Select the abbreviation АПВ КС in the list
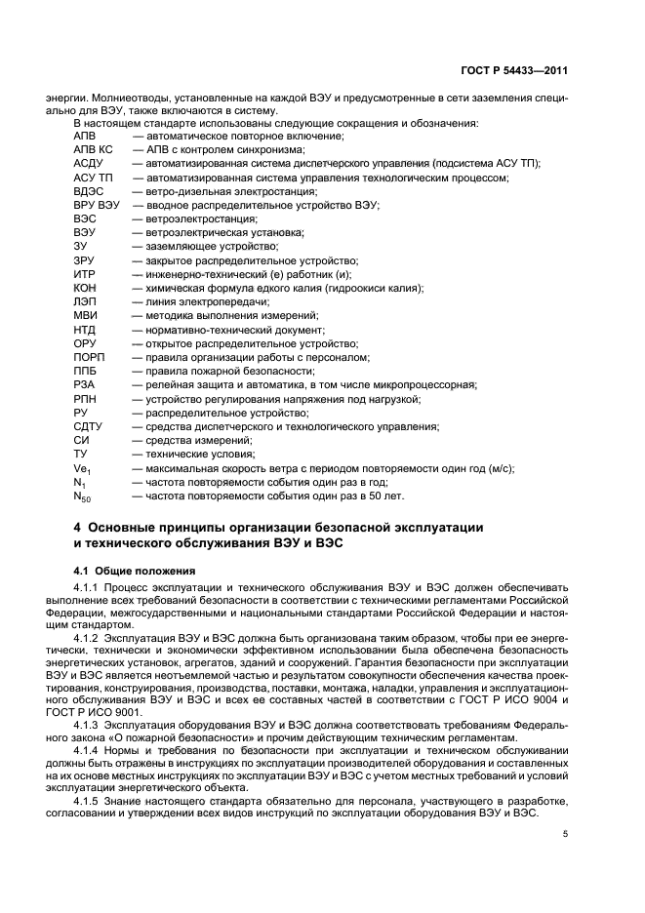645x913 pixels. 93,150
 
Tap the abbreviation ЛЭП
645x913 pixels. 85,302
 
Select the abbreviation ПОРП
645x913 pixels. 89,357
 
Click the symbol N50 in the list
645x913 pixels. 83,496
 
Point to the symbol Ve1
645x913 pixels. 82,468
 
